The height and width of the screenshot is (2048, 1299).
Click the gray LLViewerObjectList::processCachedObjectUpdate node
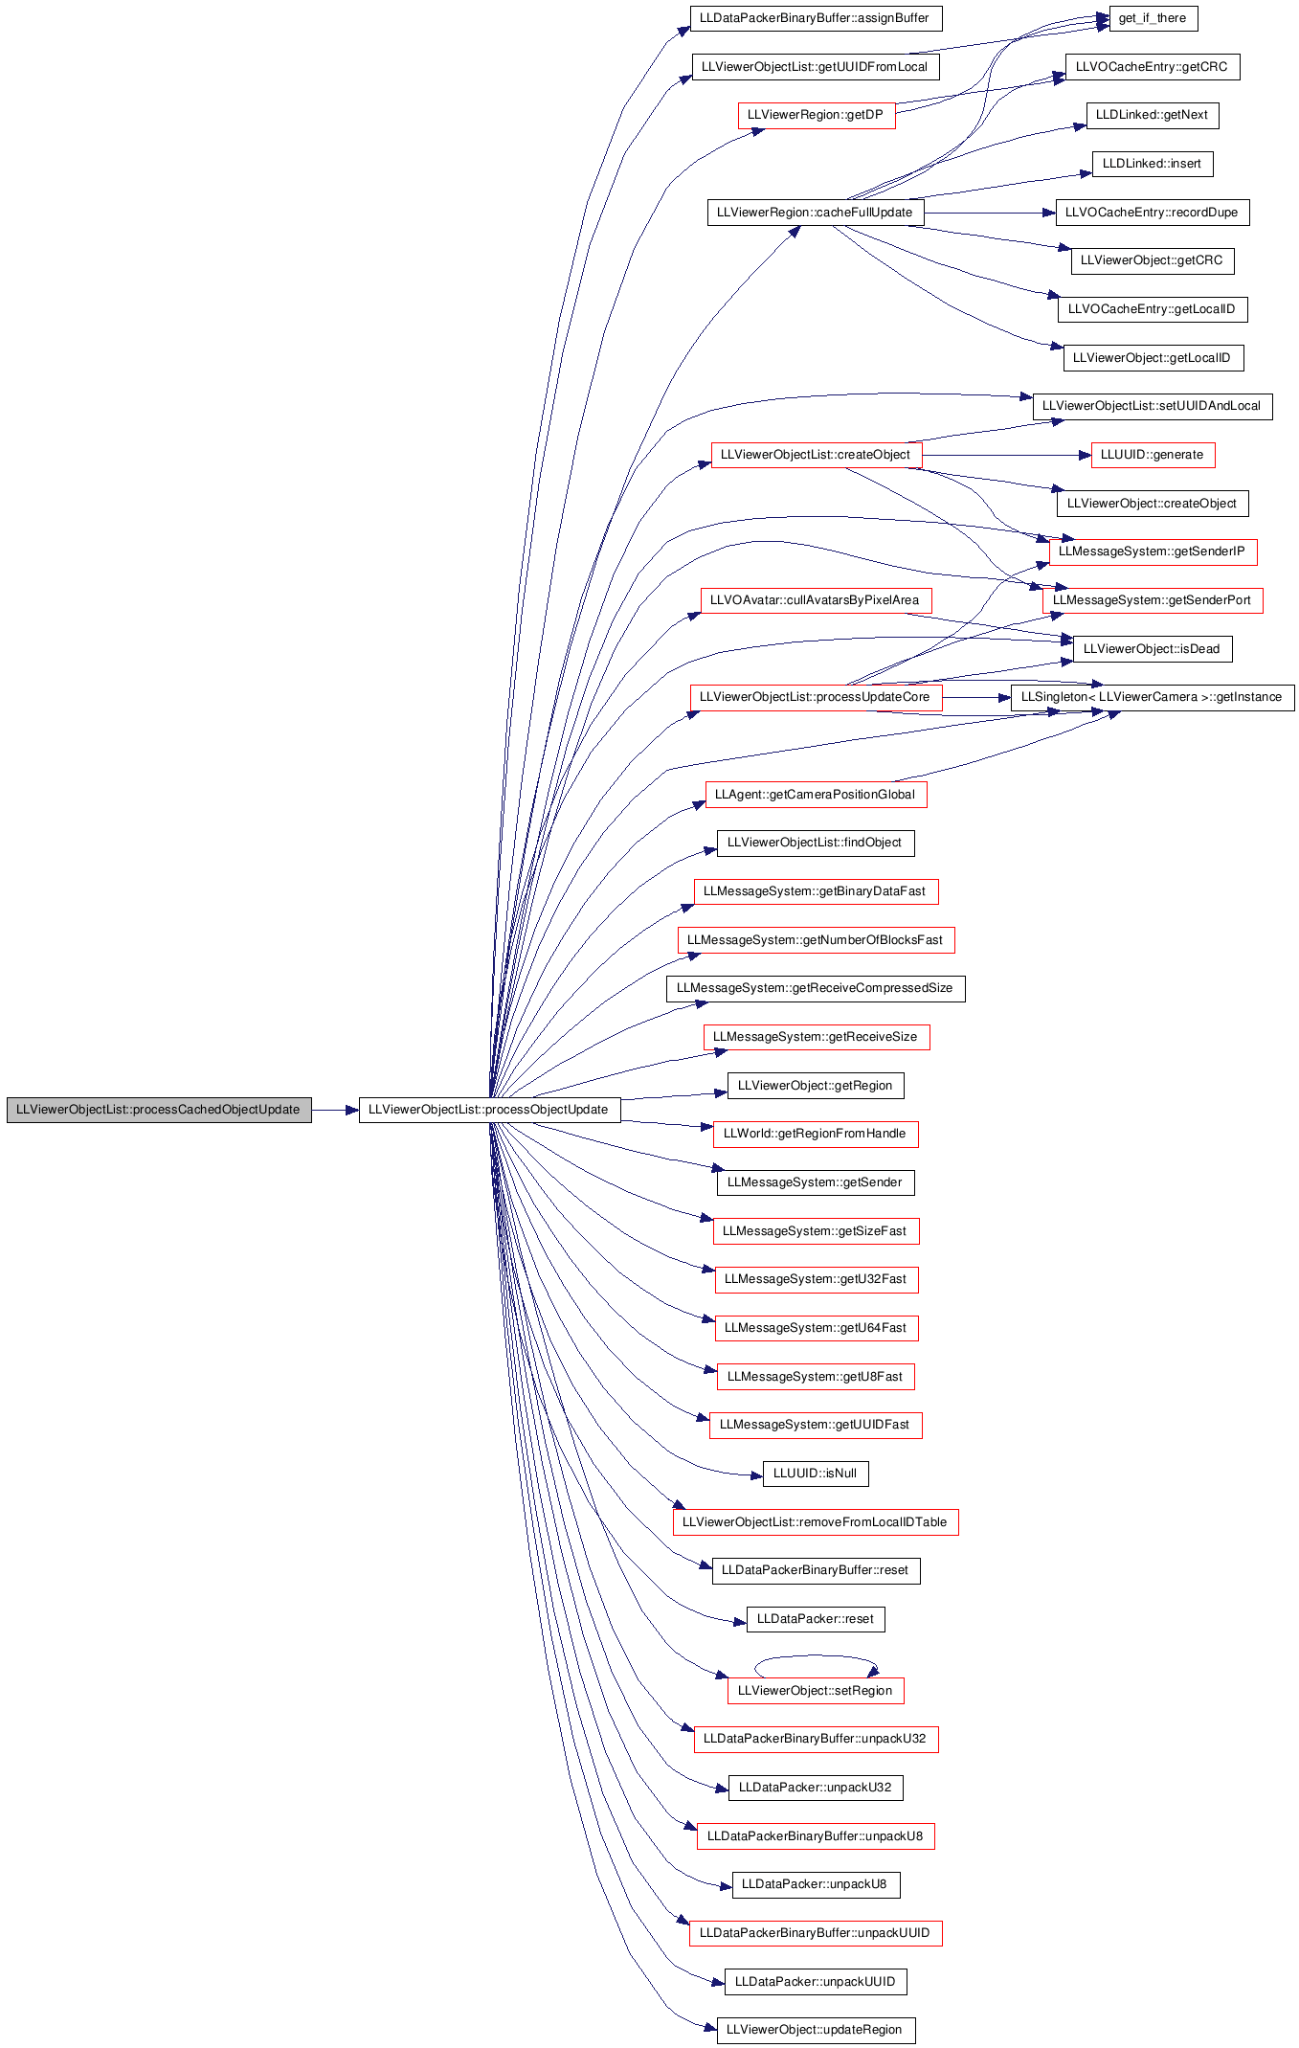click(x=159, y=1110)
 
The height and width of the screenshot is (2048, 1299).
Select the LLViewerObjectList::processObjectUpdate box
click(x=489, y=1110)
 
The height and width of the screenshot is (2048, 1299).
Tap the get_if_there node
click(x=1153, y=18)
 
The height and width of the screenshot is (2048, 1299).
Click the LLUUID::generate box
click(x=1153, y=455)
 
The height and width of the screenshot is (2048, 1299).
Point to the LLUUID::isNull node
click(x=816, y=1474)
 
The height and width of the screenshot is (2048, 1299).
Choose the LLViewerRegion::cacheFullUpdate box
click(x=816, y=213)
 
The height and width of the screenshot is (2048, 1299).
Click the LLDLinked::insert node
click(x=1153, y=164)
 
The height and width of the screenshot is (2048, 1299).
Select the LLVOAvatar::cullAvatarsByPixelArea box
click(x=816, y=600)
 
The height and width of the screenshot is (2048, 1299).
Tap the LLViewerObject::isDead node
click(x=1153, y=649)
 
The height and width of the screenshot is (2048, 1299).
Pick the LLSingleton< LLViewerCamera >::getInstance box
click(x=1153, y=697)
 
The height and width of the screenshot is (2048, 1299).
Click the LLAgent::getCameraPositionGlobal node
click(x=816, y=795)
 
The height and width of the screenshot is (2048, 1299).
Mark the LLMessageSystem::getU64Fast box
click(x=816, y=1328)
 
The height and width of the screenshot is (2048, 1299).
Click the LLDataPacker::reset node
click(x=816, y=1619)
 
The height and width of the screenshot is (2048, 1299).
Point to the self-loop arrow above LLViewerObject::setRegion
click(x=816, y=1655)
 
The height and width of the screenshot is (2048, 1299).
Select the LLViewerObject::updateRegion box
click(x=816, y=2031)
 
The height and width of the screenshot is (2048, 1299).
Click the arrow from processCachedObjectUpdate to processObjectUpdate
click(x=335, y=1111)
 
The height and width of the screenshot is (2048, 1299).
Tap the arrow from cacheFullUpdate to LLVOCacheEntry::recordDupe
click(x=990, y=213)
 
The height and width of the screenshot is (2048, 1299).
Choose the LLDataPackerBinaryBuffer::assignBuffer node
click(x=816, y=18)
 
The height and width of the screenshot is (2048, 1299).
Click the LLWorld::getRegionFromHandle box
click(x=816, y=1134)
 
